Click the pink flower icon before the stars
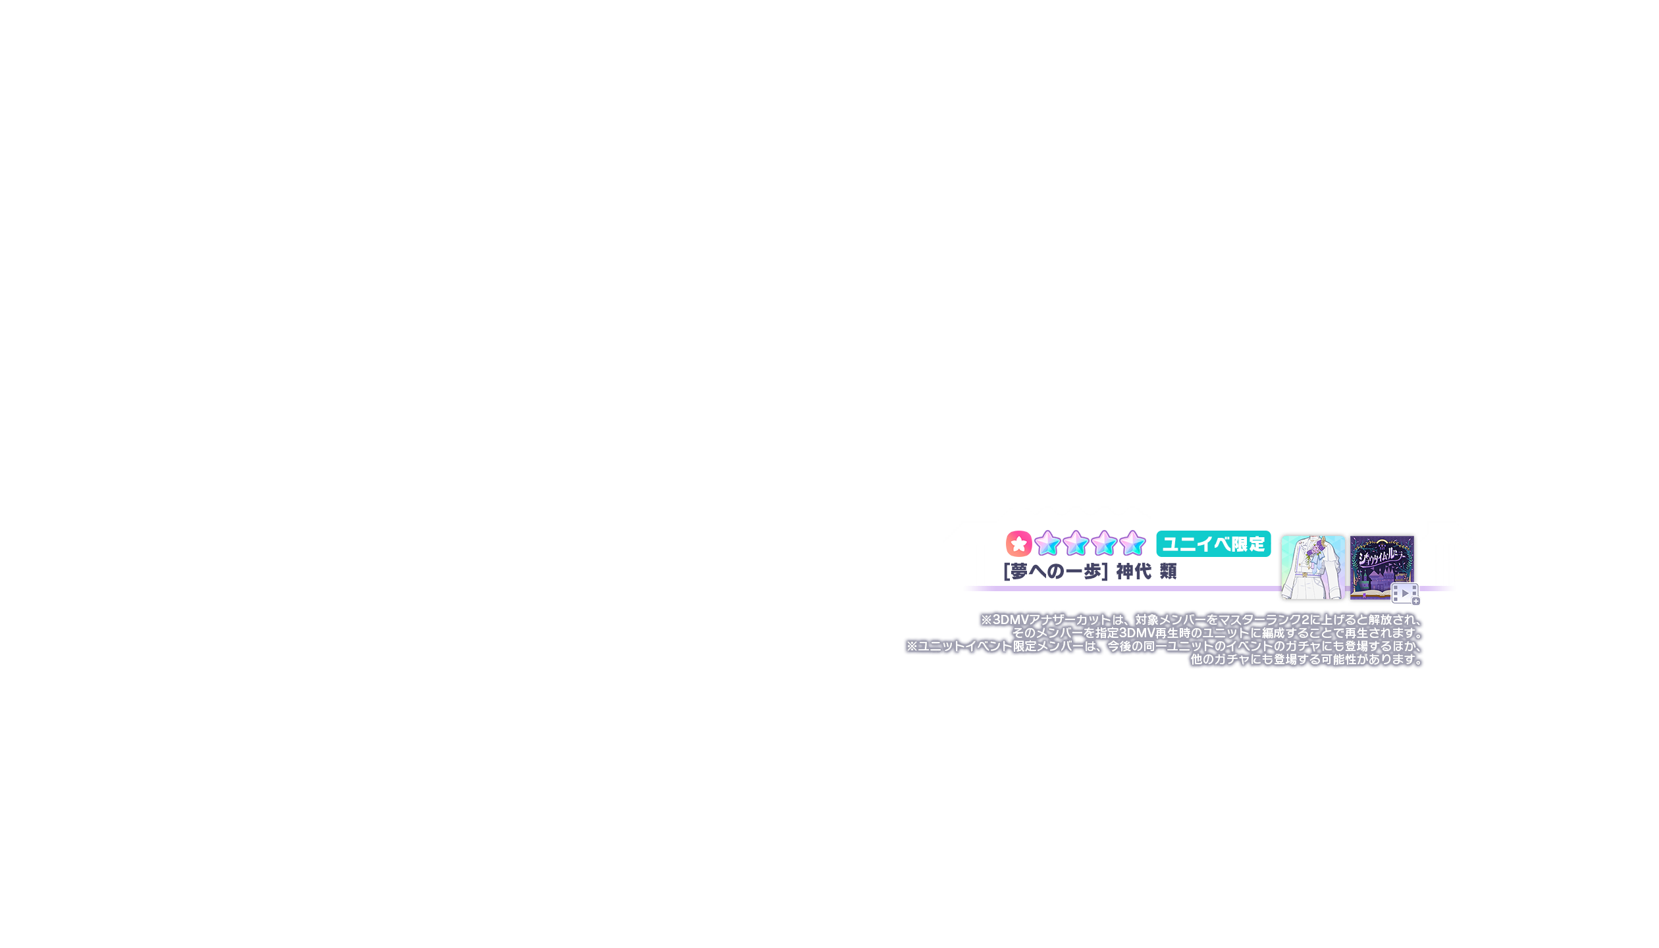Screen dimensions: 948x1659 [1018, 544]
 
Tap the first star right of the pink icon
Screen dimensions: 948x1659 [1047, 544]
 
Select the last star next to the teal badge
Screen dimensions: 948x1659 [1132, 544]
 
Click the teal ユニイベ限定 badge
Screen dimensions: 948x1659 [1213, 544]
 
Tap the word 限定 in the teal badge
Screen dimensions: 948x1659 [1248, 544]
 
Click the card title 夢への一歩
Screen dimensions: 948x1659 [1056, 571]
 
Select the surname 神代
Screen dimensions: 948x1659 [1134, 571]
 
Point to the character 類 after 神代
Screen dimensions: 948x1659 [1169, 571]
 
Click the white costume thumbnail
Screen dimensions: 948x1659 [1313, 567]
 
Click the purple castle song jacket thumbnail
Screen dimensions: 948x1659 [1381, 563]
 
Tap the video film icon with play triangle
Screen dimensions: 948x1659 [1404, 594]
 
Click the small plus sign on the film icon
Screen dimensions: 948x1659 [1415, 601]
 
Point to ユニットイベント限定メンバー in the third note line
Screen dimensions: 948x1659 [1001, 646]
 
